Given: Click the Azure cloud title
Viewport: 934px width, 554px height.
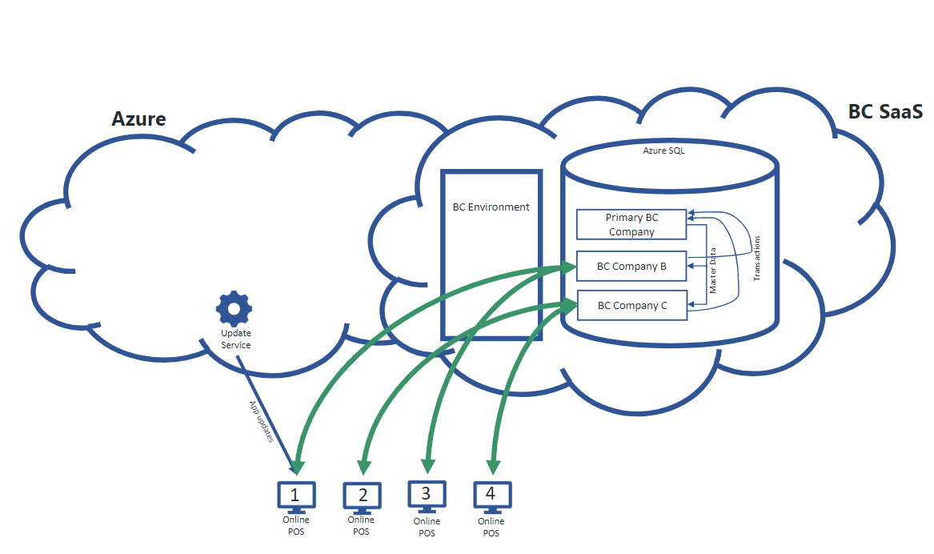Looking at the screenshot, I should point(138,119).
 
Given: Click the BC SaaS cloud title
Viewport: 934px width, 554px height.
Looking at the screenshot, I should point(886,112).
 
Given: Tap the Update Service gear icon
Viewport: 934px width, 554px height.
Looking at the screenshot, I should point(234,307).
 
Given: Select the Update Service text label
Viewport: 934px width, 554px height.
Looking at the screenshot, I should point(235,339).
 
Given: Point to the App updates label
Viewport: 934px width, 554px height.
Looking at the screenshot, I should point(262,422).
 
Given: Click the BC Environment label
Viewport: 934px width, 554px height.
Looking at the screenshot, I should point(491,207).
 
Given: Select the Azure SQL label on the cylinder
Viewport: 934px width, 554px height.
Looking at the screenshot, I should point(663,150).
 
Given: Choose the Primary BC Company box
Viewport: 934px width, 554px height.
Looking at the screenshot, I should point(631,225).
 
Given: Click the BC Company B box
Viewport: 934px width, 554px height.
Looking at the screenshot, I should point(631,267).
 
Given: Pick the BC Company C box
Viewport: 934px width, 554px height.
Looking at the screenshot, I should point(631,305).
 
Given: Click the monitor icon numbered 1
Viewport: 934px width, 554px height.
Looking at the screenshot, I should point(296,496).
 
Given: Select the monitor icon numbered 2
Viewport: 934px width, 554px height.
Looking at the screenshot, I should point(362,496).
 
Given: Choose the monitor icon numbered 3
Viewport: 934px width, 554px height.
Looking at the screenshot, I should point(427,495).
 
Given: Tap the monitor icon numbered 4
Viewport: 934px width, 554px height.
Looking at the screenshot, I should point(491,496).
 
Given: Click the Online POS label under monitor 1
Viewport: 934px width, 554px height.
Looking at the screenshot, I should point(295,525).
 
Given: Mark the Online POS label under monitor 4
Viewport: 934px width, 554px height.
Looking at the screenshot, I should point(491,527).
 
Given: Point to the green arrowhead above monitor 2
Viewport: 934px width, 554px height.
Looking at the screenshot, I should point(364,464).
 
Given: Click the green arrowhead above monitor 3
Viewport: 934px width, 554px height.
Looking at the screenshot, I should point(427,464).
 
